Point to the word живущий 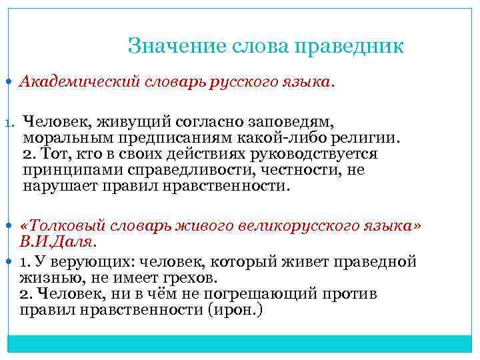135,123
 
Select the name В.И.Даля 58,241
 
